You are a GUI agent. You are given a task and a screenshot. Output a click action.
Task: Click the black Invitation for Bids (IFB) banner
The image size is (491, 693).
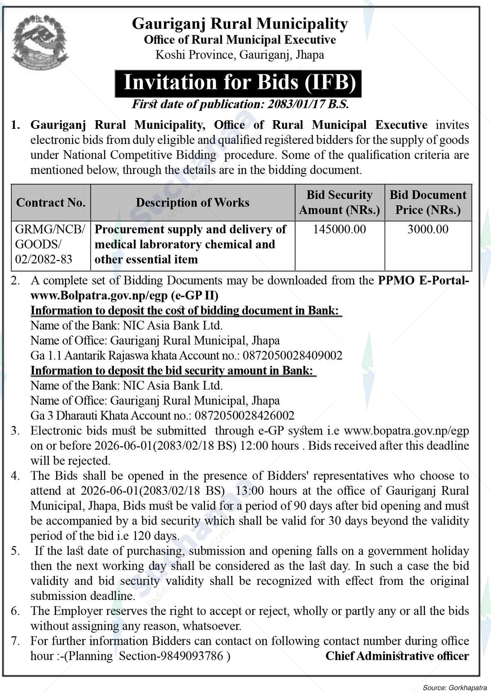[x=238, y=83]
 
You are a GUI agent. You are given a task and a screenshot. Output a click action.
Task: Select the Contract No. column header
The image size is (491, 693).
[x=51, y=202]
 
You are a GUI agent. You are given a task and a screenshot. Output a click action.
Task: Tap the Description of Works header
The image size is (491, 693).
[x=192, y=202]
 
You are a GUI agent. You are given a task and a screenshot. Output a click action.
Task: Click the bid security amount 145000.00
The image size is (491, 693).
[x=339, y=229]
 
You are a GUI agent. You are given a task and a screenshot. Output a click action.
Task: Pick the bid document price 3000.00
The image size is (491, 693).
[x=428, y=229]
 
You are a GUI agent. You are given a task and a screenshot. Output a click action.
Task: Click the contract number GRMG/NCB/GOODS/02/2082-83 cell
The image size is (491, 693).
[x=50, y=244]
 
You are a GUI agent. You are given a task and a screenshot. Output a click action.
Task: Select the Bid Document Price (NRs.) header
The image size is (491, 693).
[x=428, y=202]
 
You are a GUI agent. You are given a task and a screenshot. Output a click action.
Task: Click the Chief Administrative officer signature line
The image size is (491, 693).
[x=397, y=656]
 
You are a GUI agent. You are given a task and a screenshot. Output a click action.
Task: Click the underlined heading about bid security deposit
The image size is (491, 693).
[x=172, y=370]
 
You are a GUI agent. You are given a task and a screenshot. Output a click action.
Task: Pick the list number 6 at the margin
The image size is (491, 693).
[x=15, y=611]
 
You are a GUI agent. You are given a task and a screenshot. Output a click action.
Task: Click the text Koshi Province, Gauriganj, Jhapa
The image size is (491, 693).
[x=239, y=54]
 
